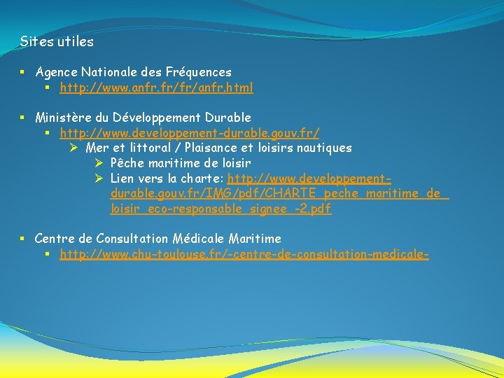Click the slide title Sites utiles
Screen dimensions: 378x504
click(x=57, y=42)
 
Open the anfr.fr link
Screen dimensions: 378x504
click(x=156, y=88)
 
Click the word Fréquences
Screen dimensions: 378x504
click(x=199, y=72)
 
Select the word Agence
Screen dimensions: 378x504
click(x=56, y=72)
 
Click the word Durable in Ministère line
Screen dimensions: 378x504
click(x=227, y=118)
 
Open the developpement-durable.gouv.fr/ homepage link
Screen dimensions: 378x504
click(x=190, y=133)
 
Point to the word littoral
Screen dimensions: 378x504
click(x=147, y=148)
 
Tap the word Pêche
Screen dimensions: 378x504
click(x=126, y=163)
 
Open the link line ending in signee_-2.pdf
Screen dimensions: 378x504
click(x=220, y=209)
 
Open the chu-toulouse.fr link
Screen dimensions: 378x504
click(x=244, y=255)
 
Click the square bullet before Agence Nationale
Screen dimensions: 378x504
click(x=23, y=72)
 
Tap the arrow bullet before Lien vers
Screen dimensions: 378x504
click(x=100, y=178)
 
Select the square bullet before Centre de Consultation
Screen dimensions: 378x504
click(x=23, y=239)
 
